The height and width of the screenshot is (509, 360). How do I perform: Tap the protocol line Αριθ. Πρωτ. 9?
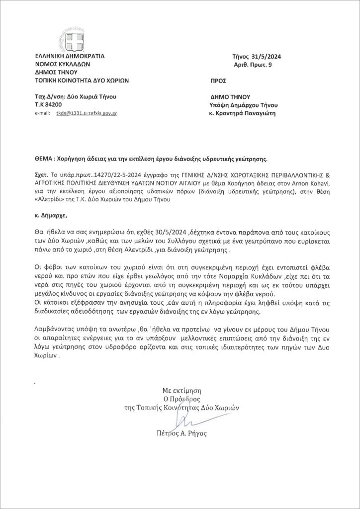pos(252,65)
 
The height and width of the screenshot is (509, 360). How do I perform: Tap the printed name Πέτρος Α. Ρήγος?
pos(181,433)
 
